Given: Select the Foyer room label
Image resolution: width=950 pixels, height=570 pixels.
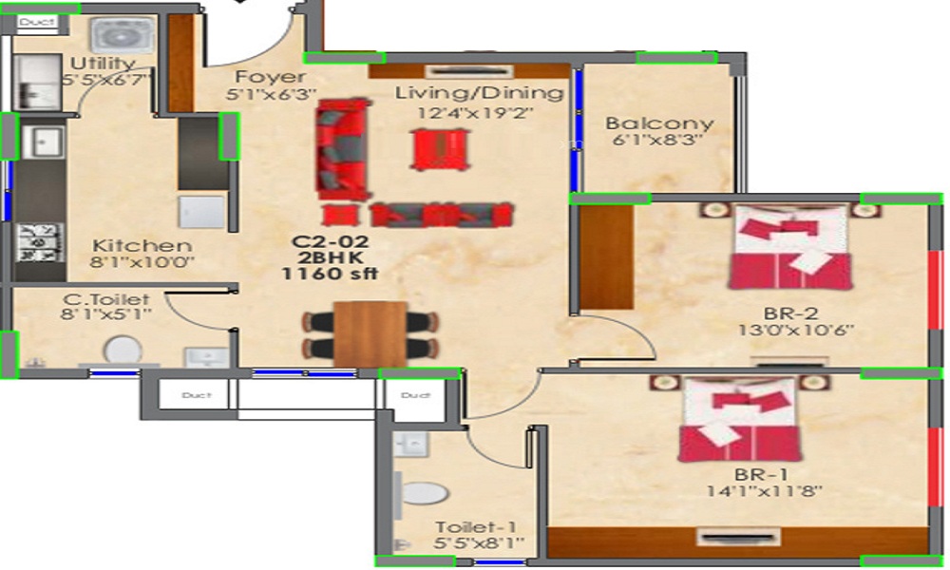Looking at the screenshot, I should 271,77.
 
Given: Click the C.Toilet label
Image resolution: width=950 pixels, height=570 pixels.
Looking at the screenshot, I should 106,300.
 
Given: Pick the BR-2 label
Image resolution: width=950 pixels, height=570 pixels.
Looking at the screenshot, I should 790,313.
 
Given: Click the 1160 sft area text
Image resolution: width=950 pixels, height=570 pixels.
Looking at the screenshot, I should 330,274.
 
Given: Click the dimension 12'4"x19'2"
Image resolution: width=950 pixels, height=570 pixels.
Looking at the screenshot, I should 475,113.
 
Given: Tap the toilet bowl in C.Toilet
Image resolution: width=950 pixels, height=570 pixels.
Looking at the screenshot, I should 121,351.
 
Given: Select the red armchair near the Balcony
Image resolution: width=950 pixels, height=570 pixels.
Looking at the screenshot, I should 440,148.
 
